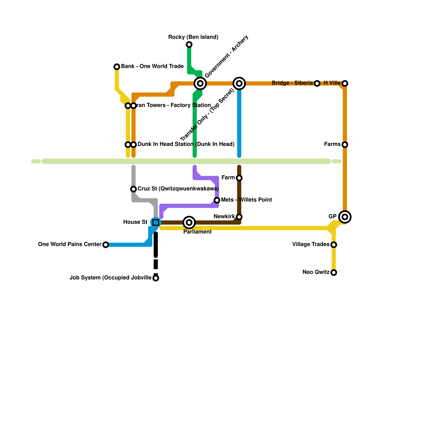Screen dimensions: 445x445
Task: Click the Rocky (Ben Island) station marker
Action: click(189, 44)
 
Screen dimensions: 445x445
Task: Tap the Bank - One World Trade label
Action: click(152, 66)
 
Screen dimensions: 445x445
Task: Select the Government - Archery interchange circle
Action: click(200, 83)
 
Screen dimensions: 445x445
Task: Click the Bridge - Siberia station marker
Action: click(317, 83)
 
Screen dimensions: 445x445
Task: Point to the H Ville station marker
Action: click(345, 83)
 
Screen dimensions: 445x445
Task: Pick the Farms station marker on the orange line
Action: click(345, 145)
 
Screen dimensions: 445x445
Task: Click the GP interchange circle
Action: click(345, 217)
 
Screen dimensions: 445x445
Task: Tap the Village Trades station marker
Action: click(334, 245)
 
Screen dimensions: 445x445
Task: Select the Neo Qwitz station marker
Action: click(334, 273)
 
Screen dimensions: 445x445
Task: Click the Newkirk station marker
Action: click(239, 217)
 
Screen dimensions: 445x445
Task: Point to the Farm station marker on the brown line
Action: click(239, 178)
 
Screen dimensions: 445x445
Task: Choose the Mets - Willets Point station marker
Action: click(217, 200)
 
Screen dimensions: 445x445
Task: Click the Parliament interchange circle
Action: click(189, 222)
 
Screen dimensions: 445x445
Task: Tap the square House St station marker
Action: click(156, 222)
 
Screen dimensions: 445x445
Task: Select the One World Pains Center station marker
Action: click(106, 245)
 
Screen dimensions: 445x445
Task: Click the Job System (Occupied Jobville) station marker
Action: click(156, 278)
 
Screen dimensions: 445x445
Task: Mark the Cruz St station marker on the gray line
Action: click(133, 189)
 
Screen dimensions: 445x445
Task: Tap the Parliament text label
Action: click(197, 232)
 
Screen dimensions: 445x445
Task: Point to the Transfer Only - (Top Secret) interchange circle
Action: click(239, 83)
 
